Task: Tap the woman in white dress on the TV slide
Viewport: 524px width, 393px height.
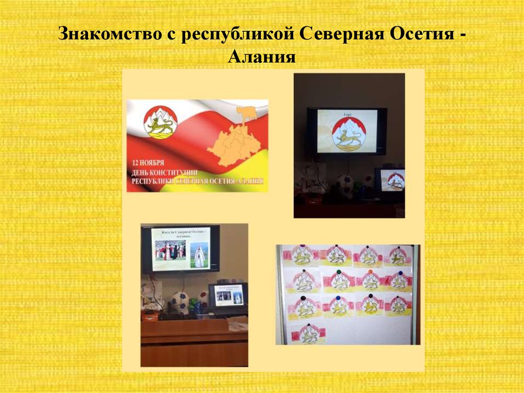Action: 200,255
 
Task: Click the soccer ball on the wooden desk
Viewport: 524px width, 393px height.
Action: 180,302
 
